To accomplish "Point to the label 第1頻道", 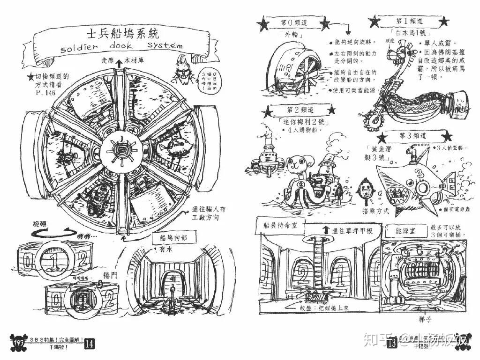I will [409, 22].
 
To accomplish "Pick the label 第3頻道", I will [412, 136].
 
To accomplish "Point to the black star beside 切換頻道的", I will [30, 77].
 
